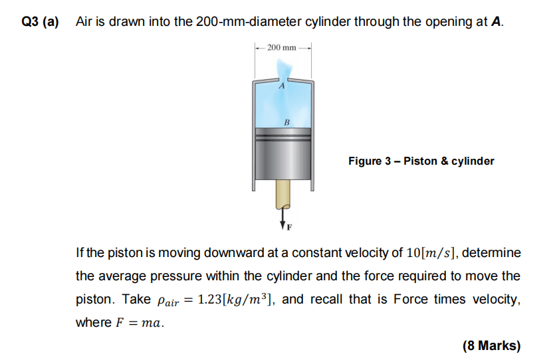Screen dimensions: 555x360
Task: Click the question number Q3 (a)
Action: tap(40, 22)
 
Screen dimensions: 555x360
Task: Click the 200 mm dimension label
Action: tap(281, 47)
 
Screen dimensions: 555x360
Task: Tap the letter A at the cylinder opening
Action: tap(282, 86)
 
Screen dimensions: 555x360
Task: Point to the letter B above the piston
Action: tap(286, 122)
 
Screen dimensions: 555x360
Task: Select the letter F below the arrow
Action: tap(289, 227)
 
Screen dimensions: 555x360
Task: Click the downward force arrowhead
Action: tap(282, 225)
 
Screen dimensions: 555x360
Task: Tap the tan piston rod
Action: tap(282, 195)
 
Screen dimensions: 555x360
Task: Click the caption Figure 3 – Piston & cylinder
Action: tap(421, 161)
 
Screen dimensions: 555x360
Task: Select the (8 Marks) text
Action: tap(492, 345)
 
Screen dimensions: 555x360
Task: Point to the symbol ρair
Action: tap(168, 301)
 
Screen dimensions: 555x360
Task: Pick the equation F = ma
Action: tap(140, 323)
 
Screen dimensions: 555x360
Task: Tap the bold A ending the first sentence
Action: tap(496, 22)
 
